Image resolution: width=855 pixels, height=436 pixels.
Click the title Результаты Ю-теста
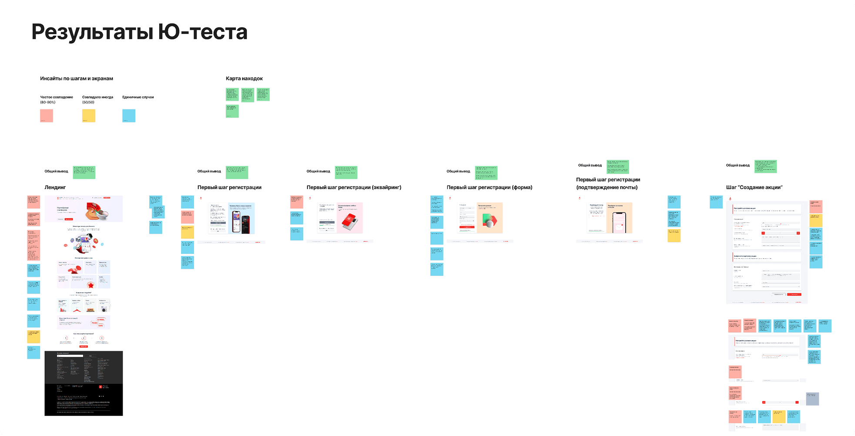click(139, 32)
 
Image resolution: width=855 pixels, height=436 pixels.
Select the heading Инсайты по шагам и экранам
click(77, 79)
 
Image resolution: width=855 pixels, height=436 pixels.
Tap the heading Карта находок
click(244, 79)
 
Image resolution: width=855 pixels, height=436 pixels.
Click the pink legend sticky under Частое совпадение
click(47, 115)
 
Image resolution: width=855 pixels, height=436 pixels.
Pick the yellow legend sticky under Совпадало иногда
click(89, 115)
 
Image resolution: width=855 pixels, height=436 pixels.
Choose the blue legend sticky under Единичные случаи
click(129, 115)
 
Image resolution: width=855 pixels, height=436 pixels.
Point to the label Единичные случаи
click(138, 97)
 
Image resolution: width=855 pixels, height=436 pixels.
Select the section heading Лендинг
click(55, 187)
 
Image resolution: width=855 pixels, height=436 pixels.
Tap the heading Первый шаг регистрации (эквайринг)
click(354, 187)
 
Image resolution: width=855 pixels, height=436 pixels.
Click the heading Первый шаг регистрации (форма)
click(489, 187)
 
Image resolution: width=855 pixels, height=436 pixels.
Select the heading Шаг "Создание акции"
click(754, 187)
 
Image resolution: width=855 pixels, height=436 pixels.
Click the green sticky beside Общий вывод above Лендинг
click(84, 172)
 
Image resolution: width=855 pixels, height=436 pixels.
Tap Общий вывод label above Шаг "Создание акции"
click(738, 166)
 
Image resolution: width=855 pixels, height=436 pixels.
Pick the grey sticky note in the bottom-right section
click(812, 399)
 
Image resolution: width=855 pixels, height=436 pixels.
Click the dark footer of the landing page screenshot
click(84, 383)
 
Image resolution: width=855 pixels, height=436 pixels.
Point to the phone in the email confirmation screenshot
click(619, 223)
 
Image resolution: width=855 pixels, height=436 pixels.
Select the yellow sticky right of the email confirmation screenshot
click(674, 236)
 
